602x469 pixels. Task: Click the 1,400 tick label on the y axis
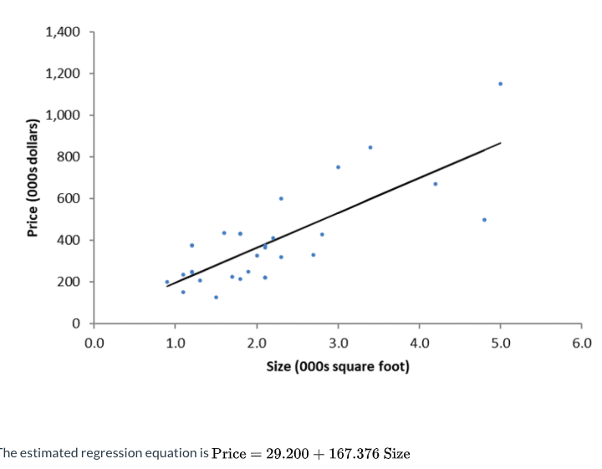(64, 33)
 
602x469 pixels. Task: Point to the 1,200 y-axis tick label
(64, 74)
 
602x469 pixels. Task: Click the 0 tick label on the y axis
(76, 324)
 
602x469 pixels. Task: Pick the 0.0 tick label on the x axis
(94, 342)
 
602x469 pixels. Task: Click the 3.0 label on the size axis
(338, 342)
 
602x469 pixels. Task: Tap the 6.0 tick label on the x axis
(582, 342)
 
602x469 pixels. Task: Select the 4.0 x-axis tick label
(419, 342)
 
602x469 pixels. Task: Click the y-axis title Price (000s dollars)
(33, 177)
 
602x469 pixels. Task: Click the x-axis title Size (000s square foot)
(338, 366)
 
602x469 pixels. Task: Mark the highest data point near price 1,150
(500, 84)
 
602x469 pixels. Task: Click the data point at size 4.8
(484, 220)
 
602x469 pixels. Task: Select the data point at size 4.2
(435, 184)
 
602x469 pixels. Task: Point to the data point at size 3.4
(370, 147)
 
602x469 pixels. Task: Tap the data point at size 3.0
(338, 167)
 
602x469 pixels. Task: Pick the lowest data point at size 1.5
(216, 297)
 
